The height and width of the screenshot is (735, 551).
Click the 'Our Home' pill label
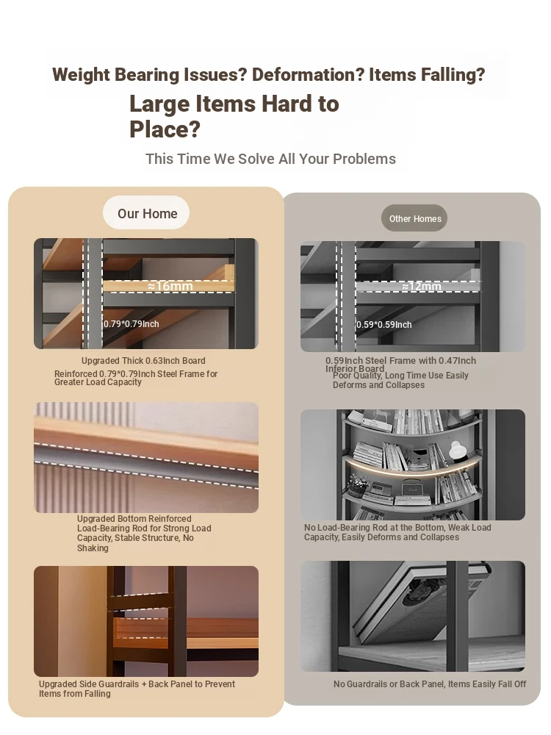coord(147,213)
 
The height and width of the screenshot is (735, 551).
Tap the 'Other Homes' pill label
coord(414,218)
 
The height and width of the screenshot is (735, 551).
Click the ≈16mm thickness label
coord(170,286)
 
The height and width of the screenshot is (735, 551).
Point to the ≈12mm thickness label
coord(421,286)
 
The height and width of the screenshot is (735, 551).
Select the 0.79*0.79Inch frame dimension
coord(132,324)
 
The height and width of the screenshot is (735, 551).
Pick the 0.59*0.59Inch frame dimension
coord(383,324)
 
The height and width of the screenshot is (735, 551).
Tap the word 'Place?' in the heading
coord(165,129)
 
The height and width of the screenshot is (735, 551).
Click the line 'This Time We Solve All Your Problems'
coord(270,159)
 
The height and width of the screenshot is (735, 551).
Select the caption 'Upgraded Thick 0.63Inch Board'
coord(143,360)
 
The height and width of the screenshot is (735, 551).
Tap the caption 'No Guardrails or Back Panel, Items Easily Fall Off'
coord(430,684)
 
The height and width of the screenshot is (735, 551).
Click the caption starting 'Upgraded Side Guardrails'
coord(137,689)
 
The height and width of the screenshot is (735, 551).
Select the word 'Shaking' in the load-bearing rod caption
coord(93,548)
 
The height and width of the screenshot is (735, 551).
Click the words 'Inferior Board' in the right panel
coord(355,369)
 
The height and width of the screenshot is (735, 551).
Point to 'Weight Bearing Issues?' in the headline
coord(149,74)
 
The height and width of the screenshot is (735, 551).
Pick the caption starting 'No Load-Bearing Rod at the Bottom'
coord(397,532)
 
